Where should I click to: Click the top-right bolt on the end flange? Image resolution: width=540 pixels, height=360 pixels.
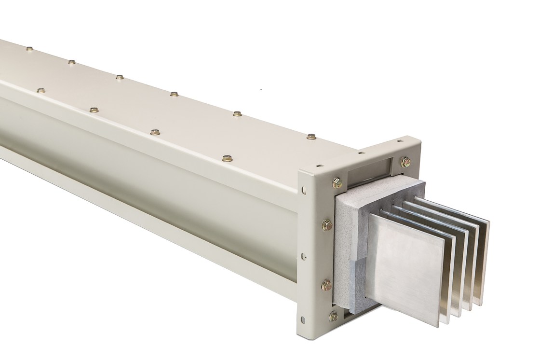click(405, 161)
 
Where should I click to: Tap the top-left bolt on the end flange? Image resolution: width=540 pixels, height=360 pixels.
click(337, 183)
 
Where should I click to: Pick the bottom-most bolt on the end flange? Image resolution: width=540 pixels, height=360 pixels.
click(334, 317)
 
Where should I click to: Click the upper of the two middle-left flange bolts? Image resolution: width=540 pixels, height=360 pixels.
click(327, 224)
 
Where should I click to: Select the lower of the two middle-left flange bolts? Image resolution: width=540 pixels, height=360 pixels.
click(326, 284)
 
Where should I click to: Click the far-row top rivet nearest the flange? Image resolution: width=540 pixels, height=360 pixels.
click(311, 137)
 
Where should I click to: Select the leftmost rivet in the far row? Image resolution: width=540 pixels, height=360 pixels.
click(29, 49)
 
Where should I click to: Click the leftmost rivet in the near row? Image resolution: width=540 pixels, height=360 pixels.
click(41, 90)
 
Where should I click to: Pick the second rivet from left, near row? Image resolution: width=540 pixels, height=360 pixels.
click(94, 110)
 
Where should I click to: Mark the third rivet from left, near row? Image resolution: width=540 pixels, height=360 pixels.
click(155, 132)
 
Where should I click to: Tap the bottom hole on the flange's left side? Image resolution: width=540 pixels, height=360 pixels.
click(302, 318)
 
